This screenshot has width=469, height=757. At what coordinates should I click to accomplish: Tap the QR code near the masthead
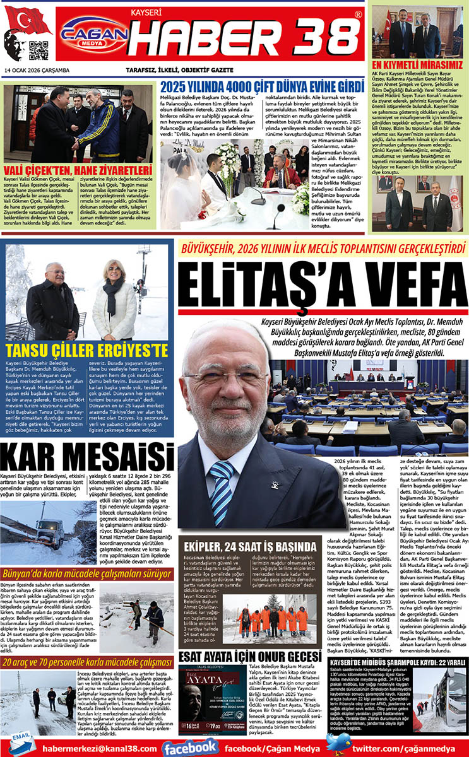click(x=38, y=50)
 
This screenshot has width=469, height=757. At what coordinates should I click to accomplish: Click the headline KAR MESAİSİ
click(x=87, y=457)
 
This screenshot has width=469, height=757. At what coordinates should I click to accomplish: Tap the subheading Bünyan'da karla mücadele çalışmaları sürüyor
click(x=87, y=574)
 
